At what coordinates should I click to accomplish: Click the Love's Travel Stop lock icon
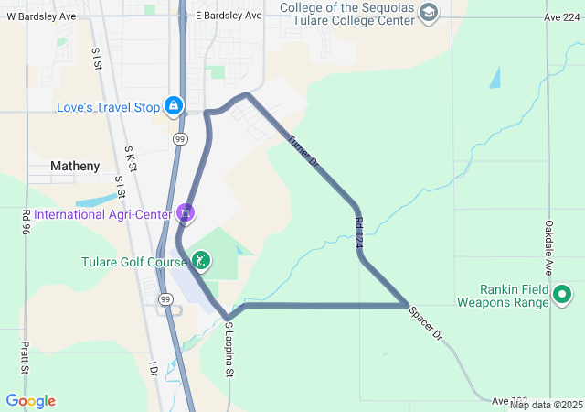[x=172, y=106]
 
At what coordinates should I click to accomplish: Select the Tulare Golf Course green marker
[x=201, y=262]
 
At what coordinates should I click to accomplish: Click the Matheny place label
[x=75, y=166]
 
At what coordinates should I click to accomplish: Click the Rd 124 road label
[x=359, y=233]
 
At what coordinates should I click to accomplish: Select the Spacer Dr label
[x=425, y=323]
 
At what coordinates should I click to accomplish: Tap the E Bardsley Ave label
[x=229, y=16]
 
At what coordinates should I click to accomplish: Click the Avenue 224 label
[x=561, y=16]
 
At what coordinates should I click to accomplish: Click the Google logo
[x=30, y=401]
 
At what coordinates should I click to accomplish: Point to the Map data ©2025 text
[x=546, y=405]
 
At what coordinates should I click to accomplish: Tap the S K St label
[x=130, y=157]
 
